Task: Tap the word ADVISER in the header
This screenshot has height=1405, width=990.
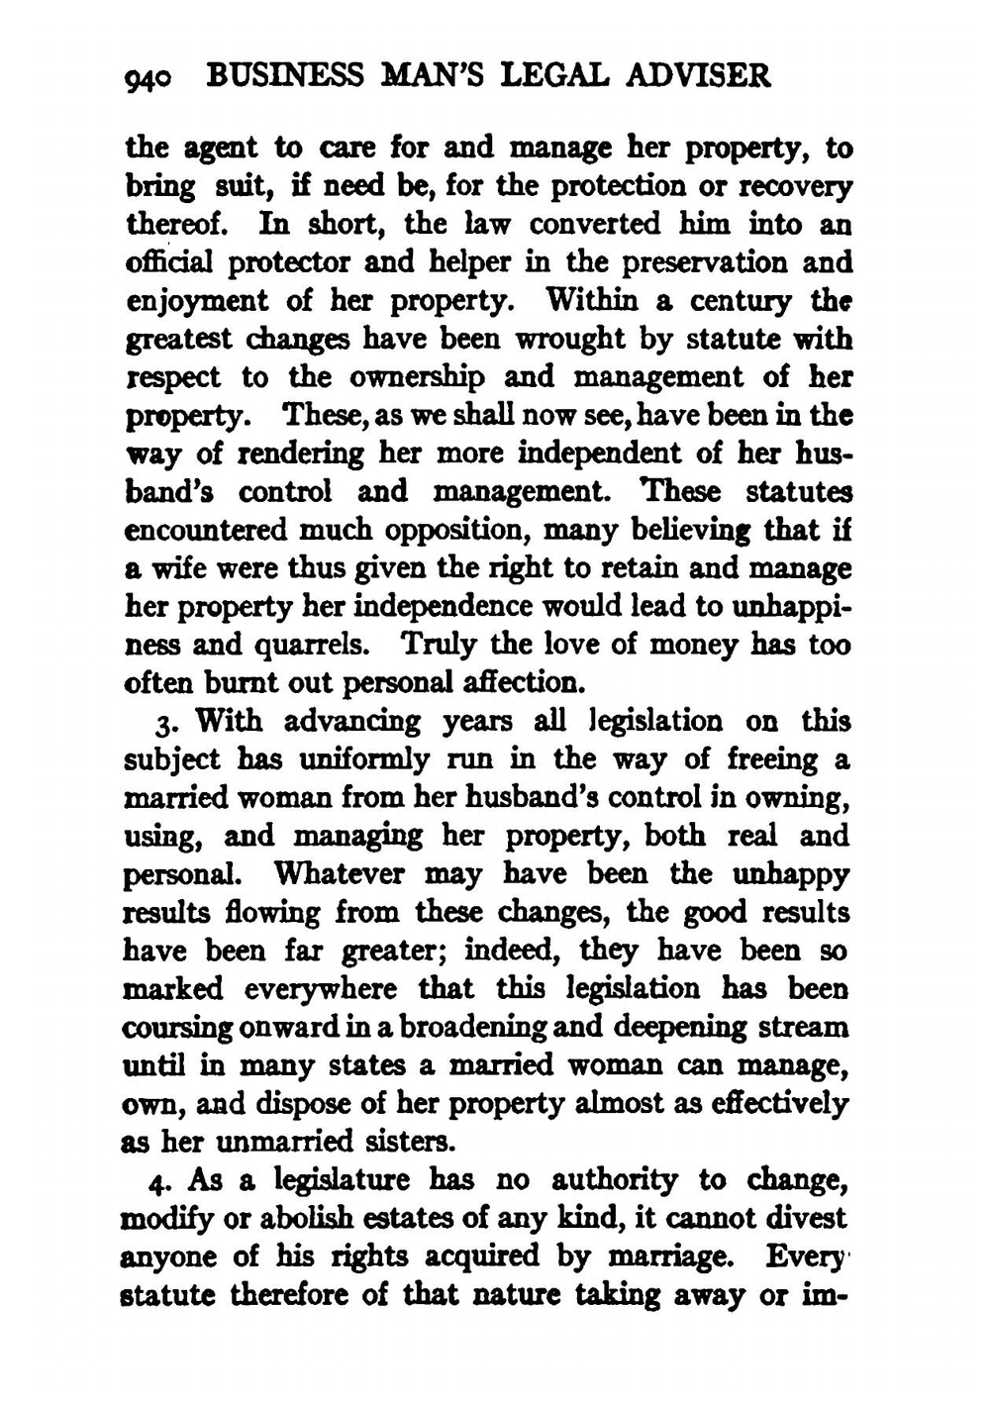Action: coord(705,75)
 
